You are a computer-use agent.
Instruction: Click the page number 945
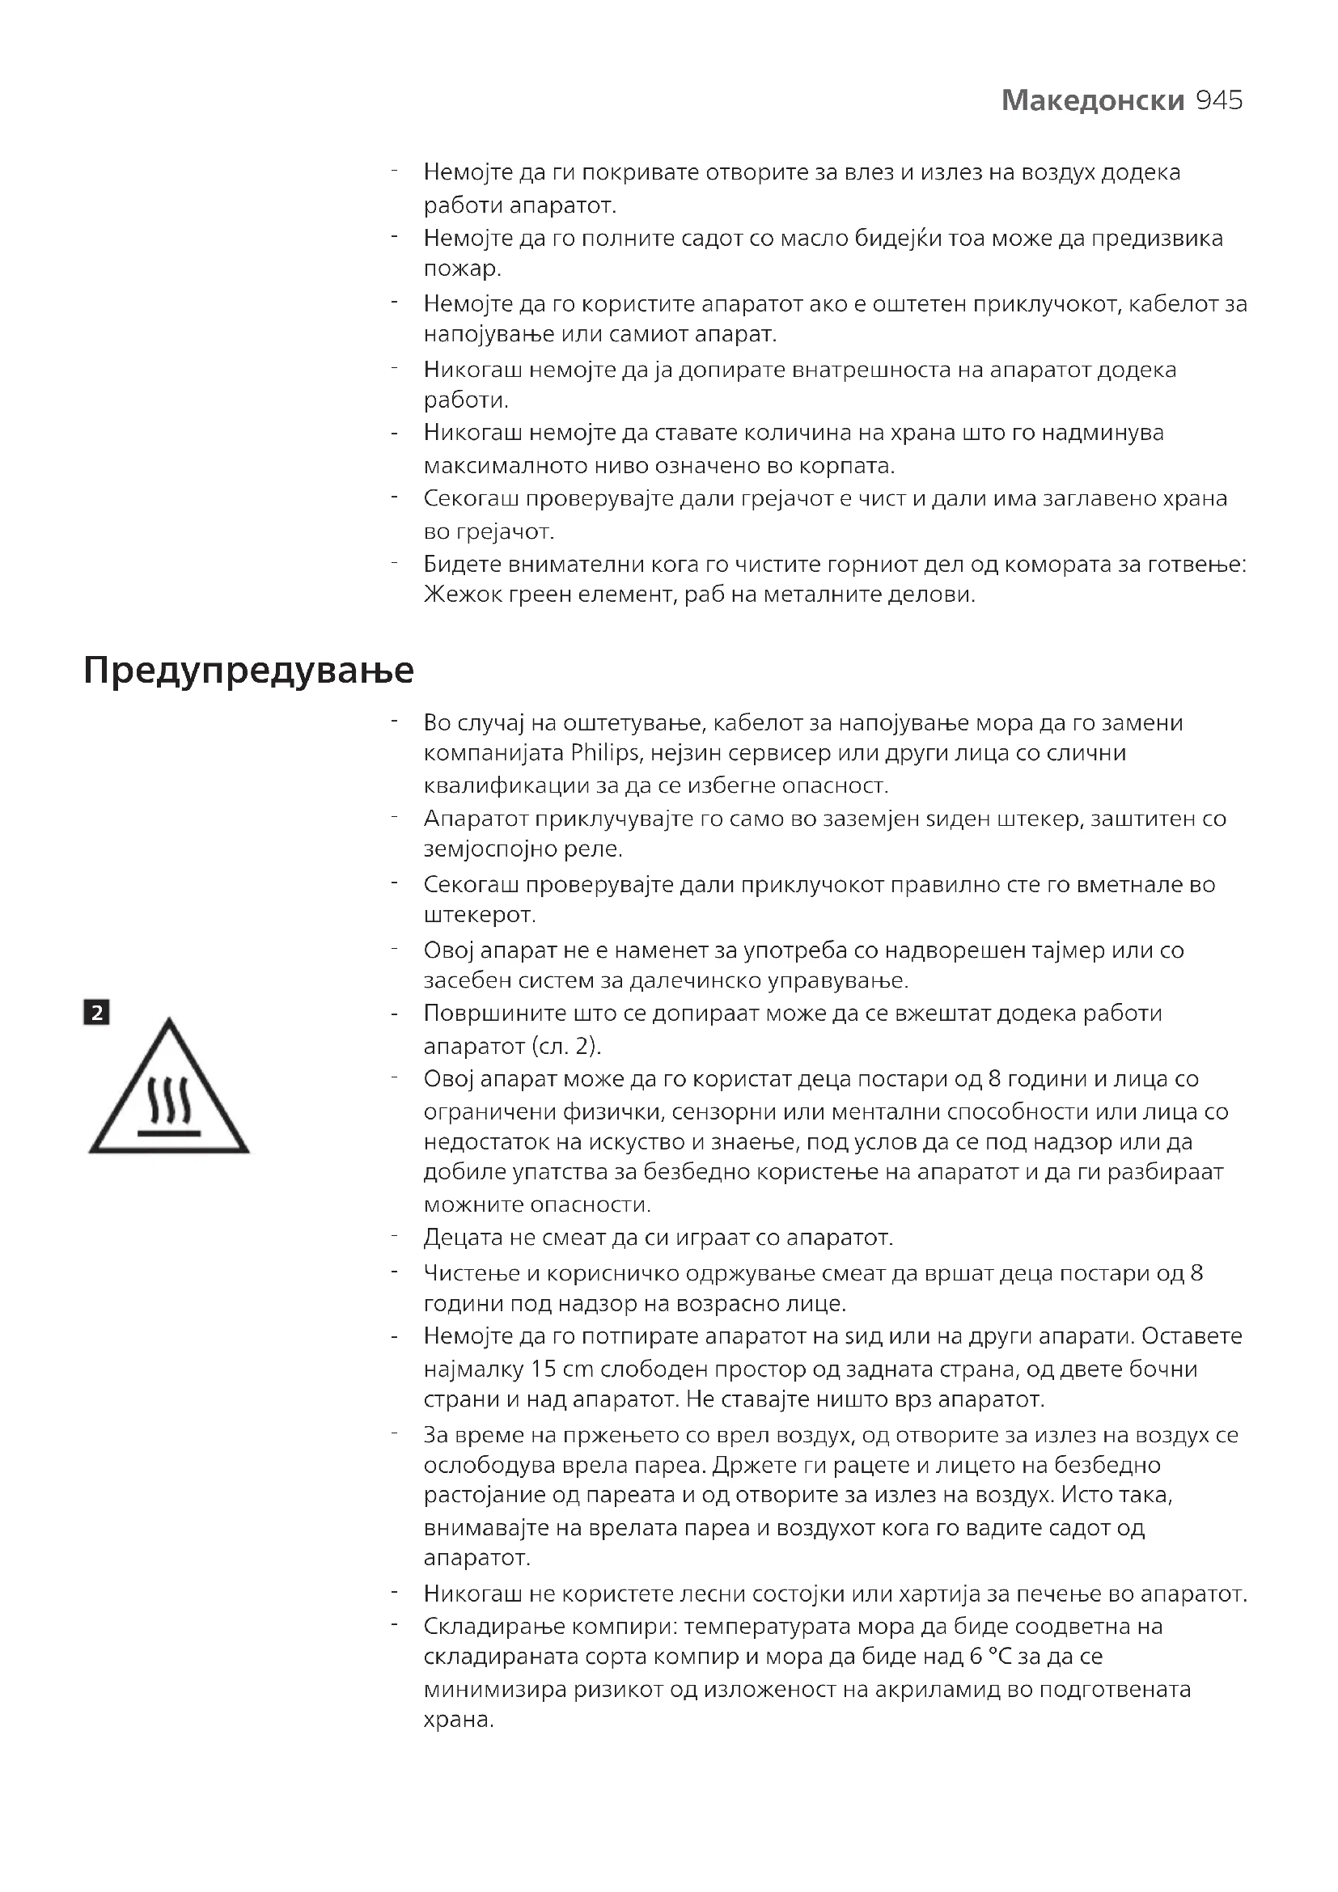(1218, 100)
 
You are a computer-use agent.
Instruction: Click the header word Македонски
(1092, 100)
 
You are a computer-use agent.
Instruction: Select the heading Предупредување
(248, 671)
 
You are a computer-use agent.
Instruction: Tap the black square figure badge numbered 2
(96, 1013)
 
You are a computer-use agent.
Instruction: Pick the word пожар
(462, 269)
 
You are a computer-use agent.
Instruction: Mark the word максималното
(506, 467)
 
